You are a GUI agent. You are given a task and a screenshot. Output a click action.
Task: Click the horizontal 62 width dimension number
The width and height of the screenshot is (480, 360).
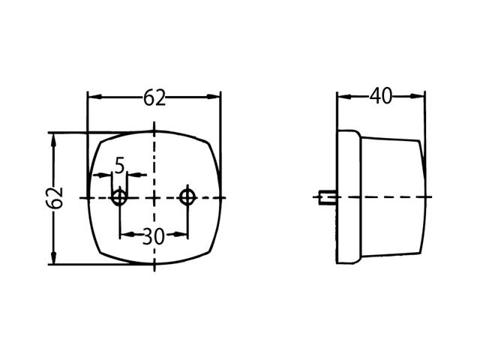click(x=154, y=97)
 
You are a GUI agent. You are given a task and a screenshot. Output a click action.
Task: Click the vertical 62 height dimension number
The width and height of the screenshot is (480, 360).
click(x=55, y=198)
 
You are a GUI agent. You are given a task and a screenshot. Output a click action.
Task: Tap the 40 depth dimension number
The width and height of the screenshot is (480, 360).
click(x=380, y=96)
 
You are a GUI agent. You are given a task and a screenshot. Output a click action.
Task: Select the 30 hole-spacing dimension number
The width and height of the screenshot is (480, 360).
click(x=153, y=236)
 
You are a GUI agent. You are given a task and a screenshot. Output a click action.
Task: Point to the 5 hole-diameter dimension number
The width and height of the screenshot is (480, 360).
click(x=120, y=166)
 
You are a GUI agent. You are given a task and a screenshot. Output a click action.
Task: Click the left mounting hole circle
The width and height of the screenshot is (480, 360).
click(x=119, y=197)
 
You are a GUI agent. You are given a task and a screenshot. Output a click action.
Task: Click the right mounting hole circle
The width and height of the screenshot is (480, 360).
click(x=187, y=197)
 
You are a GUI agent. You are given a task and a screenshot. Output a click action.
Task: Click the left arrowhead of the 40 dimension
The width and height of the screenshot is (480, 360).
click(x=343, y=97)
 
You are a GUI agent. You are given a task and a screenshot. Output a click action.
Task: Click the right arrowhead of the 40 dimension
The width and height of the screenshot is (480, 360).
click(x=418, y=97)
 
